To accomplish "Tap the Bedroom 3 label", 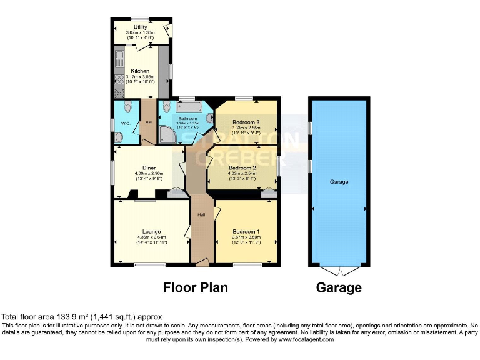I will tap(245, 121).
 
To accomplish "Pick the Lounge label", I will tap(151, 232).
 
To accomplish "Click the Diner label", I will tap(149, 167).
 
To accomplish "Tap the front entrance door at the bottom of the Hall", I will tap(202, 264).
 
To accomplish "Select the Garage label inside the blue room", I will tap(339, 182).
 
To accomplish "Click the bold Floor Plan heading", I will tap(196, 287).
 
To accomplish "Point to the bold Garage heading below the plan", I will tap(339, 287).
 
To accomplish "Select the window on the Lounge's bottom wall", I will tap(146, 265).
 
